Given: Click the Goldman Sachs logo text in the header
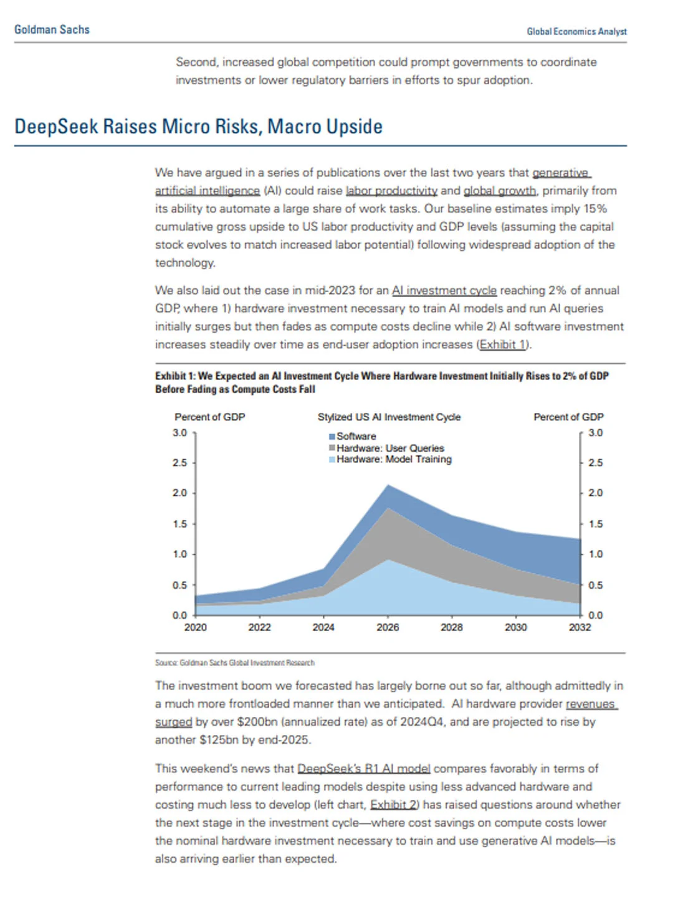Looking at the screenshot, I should point(52,29).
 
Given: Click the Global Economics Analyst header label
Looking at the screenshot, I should point(576,31).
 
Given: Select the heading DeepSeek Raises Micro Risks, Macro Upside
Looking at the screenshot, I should point(198,126).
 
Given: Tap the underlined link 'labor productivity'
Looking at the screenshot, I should point(391,191).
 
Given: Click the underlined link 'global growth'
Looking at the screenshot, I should point(499,191).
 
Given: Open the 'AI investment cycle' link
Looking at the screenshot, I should point(444,290).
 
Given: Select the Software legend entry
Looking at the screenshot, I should point(356,436).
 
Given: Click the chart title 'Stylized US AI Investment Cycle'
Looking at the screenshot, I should point(389,417).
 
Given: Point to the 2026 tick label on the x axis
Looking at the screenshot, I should point(388,627).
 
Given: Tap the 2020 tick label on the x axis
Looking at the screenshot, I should point(195,627).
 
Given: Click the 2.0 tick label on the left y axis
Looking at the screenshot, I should point(180,493).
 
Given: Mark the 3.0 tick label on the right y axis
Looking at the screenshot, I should point(595,432).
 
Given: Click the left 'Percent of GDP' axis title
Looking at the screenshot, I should point(209,417).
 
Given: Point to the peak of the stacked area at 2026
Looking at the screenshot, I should point(388,485).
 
